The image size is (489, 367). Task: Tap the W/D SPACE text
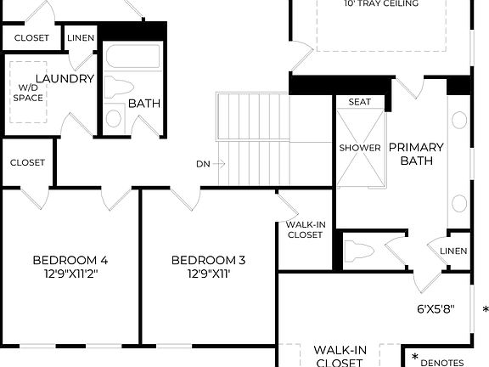point(28,93)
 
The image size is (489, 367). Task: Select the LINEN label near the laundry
point(81,38)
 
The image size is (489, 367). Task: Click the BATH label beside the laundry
point(145,104)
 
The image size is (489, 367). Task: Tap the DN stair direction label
point(203,163)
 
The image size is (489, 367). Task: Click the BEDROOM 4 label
point(70,260)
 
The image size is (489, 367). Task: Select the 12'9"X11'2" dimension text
point(70,274)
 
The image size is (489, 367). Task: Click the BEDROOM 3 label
point(208,260)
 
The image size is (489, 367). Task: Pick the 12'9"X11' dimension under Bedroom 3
point(208,274)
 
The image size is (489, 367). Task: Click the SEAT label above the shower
point(360,102)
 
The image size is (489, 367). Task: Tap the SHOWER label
point(360,148)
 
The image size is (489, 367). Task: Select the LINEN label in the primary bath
point(452,251)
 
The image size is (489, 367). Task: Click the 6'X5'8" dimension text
point(436,308)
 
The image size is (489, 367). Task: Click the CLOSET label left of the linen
point(31,38)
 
